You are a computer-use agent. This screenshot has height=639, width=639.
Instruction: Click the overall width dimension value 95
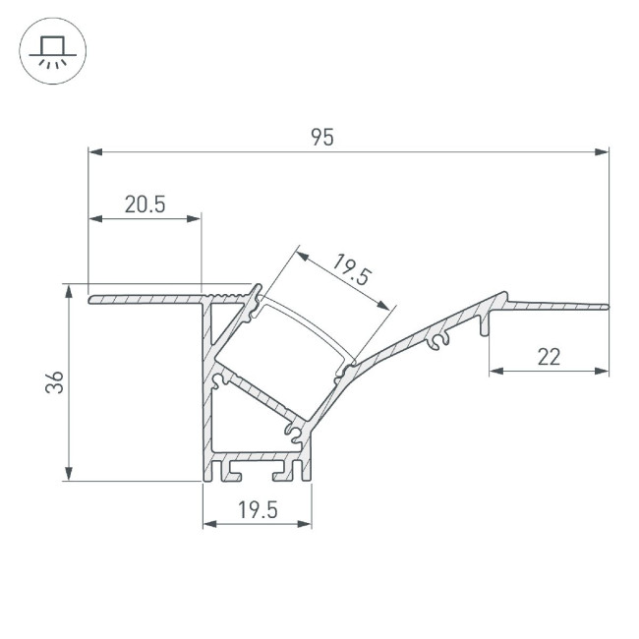[322, 138]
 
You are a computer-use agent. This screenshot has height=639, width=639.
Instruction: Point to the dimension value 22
[549, 357]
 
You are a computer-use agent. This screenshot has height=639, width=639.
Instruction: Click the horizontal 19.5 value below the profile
[258, 509]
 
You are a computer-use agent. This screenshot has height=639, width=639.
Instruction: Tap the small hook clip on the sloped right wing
[438, 340]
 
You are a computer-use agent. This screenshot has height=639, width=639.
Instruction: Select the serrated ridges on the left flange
[233, 294]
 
